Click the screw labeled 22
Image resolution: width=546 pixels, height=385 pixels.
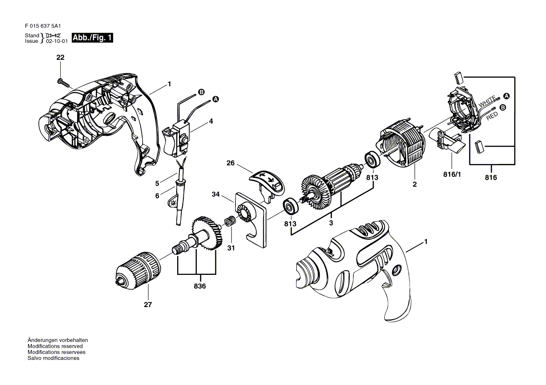pos(64,83)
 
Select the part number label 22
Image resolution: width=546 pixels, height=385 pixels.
pos(60,57)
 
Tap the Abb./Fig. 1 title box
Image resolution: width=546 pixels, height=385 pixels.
pos(92,38)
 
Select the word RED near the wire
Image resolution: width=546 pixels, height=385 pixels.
pos(492,117)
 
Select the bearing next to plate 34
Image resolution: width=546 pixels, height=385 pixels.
pos(290,206)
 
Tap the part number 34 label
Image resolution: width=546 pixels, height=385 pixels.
pos(216,194)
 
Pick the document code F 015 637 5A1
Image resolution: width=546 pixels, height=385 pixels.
pos(44,27)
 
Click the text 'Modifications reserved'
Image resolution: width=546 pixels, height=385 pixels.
pos(55,346)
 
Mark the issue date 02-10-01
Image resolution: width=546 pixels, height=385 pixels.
pos(57,41)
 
